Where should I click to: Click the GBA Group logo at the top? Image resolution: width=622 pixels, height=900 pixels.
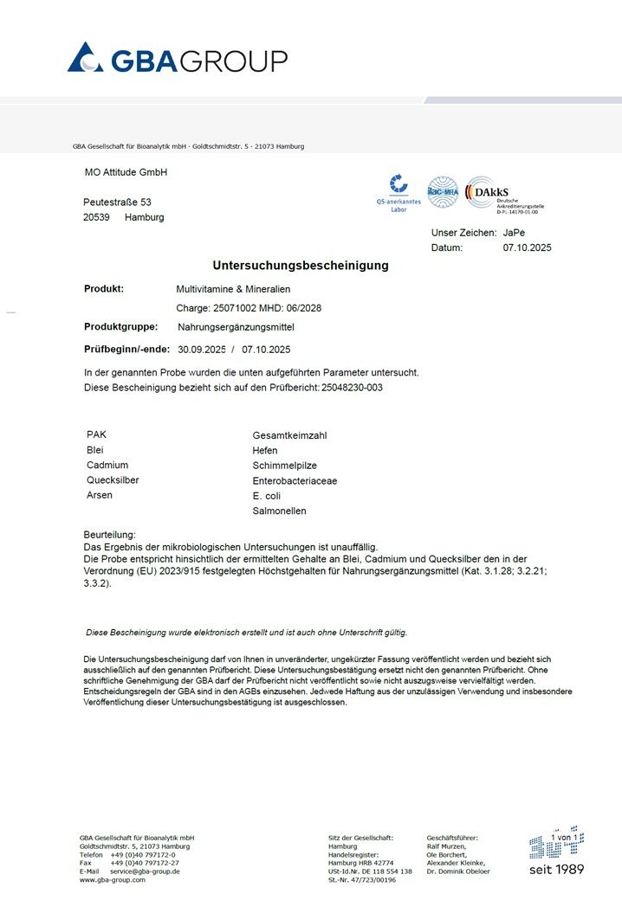[x=178, y=59]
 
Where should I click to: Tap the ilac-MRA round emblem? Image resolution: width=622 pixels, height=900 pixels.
[x=443, y=191]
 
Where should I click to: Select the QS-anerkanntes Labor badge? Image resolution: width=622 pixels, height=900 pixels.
[x=398, y=193]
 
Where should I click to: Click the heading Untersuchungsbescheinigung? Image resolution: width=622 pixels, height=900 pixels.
[x=301, y=266]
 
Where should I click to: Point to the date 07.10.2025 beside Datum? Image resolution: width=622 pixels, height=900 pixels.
[x=527, y=247]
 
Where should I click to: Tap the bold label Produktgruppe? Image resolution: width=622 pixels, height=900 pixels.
[x=120, y=327]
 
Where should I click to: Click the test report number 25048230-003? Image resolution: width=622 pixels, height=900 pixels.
[x=353, y=388]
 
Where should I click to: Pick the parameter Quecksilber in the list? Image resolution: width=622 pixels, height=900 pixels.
[x=113, y=480]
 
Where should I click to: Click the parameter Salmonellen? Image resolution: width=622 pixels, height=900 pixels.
[x=279, y=511]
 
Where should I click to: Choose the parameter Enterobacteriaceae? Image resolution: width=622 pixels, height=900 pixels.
[x=295, y=480]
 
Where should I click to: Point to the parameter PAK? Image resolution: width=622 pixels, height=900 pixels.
[x=96, y=434]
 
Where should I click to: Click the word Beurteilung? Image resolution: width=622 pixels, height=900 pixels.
[x=109, y=536]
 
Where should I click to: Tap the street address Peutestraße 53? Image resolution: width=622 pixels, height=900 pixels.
[x=117, y=202]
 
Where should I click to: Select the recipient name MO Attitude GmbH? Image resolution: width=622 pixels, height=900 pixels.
[x=126, y=172]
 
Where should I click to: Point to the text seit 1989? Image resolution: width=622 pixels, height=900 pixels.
[x=556, y=869]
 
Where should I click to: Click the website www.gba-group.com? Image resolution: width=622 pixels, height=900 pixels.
[x=113, y=880]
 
